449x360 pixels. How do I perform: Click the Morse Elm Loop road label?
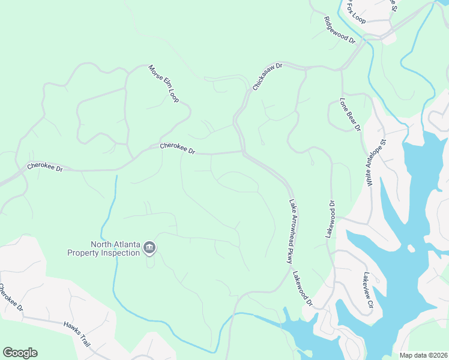click(x=164, y=83)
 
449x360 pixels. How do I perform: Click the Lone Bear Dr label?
click(x=349, y=115)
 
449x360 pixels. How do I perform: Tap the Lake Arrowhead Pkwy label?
click(x=290, y=232)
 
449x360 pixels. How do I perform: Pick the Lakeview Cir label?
click(x=368, y=291)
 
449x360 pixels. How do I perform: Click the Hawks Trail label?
click(x=77, y=334)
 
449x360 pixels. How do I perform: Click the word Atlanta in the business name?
click(x=127, y=244)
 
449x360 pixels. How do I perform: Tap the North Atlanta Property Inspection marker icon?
click(x=149, y=248)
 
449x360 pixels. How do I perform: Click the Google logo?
click(x=20, y=353)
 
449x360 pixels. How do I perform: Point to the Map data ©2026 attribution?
click(x=423, y=355)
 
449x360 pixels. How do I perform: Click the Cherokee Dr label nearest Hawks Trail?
click(x=11, y=298)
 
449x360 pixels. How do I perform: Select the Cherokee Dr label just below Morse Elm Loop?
click(x=178, y=148)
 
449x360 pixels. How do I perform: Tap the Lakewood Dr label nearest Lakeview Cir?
click(x=303, y=289)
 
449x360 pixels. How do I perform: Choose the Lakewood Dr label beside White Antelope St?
click(x=330, y=220)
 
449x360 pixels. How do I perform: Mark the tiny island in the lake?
click(x=411, y=248)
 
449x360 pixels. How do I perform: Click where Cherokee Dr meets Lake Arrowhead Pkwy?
click(x=243, y=152)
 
